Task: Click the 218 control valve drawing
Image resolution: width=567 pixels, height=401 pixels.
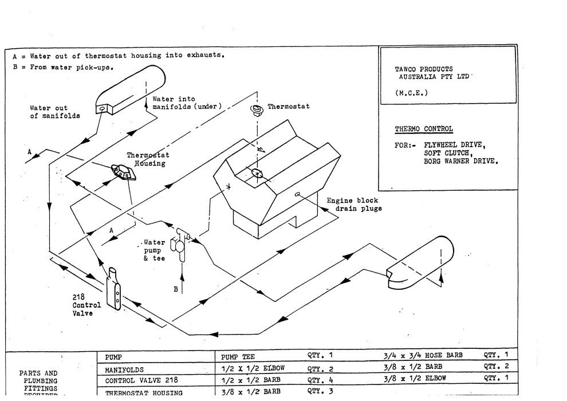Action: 115,289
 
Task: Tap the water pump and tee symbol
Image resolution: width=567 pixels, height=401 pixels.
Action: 181,245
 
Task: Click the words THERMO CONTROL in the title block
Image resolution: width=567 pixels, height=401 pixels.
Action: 415,129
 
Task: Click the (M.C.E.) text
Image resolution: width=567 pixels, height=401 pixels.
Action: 411,92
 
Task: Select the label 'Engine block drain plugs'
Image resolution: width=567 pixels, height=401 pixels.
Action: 354,205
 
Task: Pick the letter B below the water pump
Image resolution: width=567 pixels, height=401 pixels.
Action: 176,289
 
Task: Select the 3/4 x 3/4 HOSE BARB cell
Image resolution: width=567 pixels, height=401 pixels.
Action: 423,356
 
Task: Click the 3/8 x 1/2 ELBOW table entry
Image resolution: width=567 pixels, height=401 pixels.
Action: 415,379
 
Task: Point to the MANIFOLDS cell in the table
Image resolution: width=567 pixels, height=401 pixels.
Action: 124,369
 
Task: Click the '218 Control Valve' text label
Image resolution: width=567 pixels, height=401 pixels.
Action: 86,305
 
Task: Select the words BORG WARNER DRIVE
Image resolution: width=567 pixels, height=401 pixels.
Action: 460,161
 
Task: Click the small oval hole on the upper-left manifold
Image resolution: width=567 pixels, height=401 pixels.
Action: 101,108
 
